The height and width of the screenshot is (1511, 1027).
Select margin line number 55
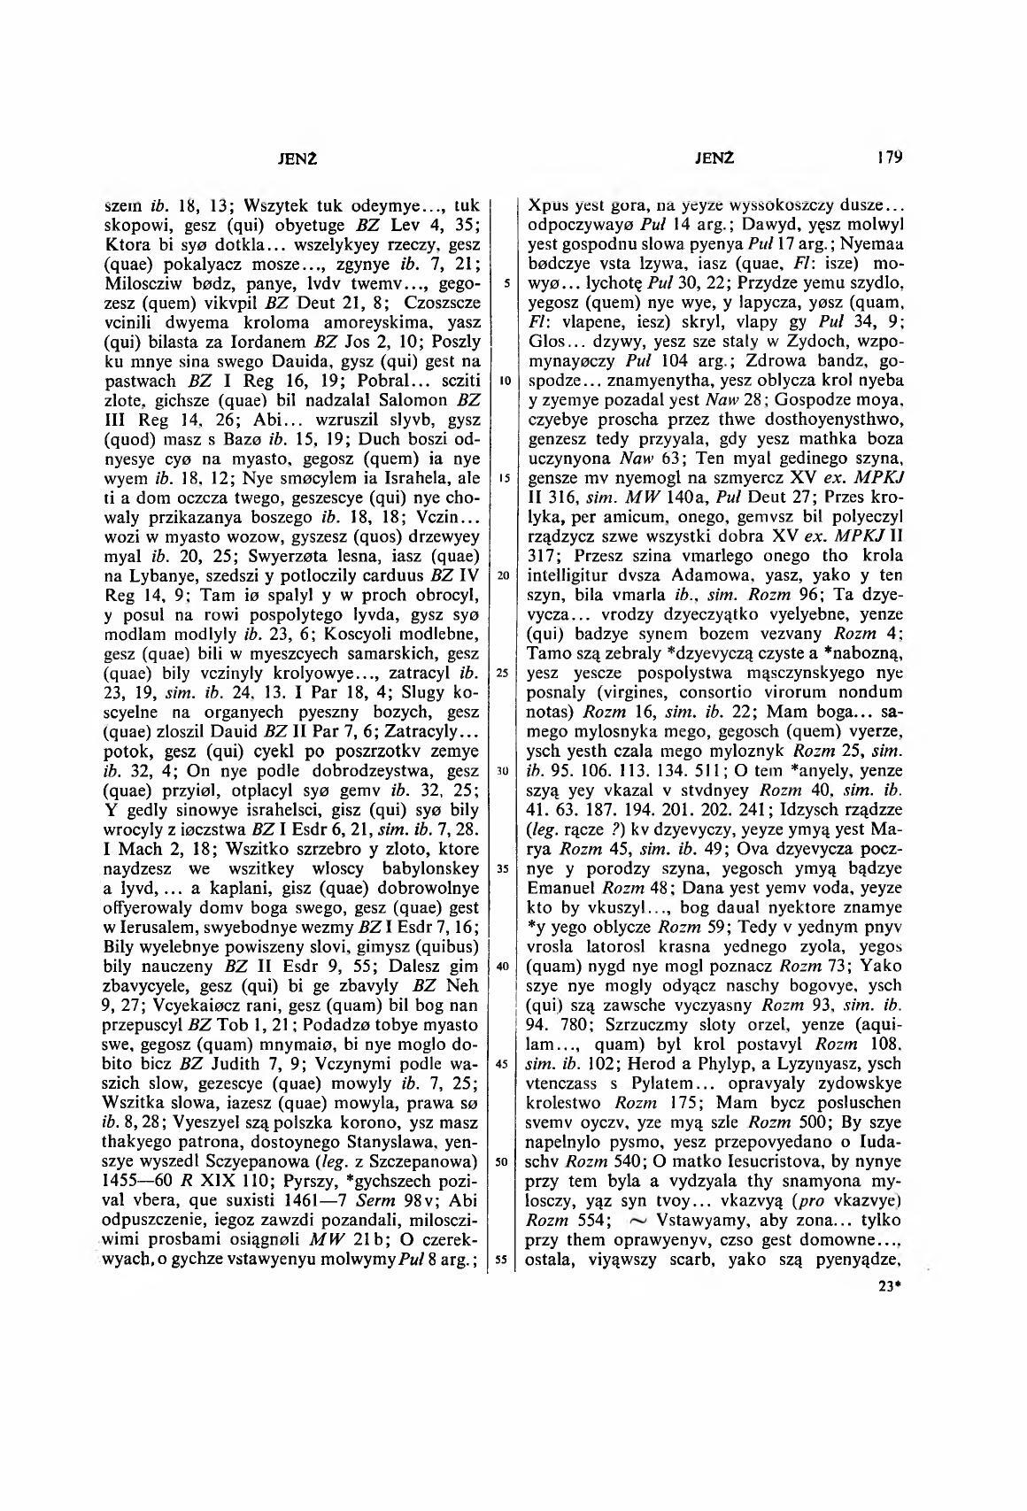point(501,1260)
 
